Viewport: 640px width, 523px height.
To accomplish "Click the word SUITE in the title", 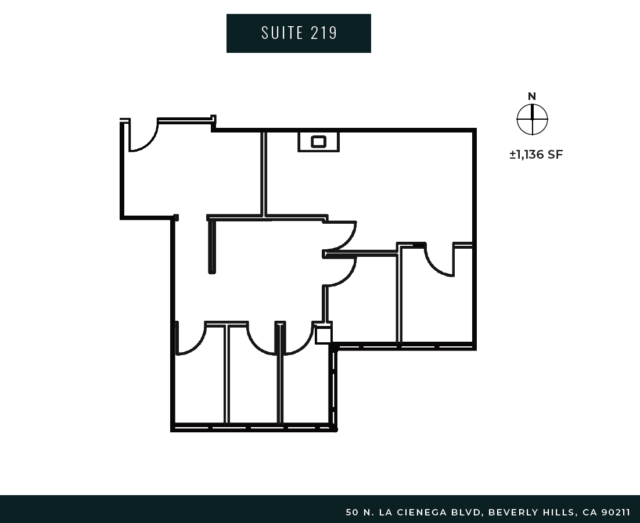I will (x=282, y=33).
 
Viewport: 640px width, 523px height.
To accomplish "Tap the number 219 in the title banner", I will (x=324, y=33).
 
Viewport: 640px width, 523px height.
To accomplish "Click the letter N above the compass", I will (x=531, y=96).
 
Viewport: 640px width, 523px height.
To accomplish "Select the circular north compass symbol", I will (x=532, y=119).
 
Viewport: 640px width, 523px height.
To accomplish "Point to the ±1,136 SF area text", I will (x=536, y=155).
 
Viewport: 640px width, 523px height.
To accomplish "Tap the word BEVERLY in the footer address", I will (x=512, y=513).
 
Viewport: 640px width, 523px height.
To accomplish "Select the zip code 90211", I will (x=616, y=513).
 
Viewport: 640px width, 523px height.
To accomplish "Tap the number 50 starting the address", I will (x=352, y=513).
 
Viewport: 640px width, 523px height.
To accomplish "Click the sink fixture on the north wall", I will (x=318, y=142).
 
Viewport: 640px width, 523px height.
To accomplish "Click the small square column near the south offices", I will (x=323, y=335).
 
